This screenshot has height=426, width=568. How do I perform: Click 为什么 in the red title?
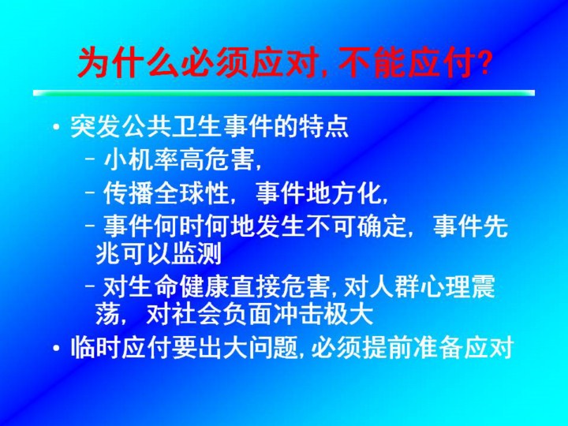[129, 63]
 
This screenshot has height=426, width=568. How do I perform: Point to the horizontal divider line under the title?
[284, 93]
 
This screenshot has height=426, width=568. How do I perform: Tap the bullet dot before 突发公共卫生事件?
[56, 128]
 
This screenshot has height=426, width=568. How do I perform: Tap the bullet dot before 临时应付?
[56, 348]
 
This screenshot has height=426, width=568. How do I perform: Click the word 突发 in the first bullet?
[95, 127]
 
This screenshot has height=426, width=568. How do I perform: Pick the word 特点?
[323, 127]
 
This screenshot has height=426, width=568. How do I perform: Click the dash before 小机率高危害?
[91, 159]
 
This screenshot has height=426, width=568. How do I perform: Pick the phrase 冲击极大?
[323, 315]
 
